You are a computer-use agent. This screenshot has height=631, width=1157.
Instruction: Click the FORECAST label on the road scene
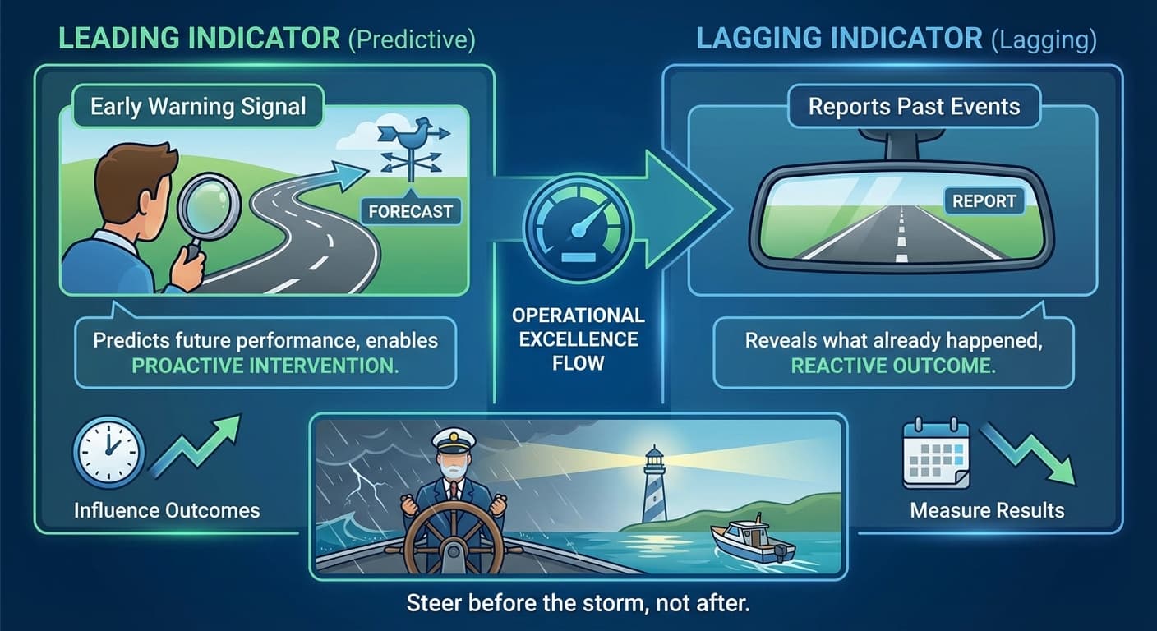pyautogui.click(x=411, y=211)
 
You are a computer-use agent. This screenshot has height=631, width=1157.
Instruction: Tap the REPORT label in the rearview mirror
pyautogui.click(x=984, y=200)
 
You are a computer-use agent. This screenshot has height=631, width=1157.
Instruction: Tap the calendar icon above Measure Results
pyautogui.click(x=936, y=454)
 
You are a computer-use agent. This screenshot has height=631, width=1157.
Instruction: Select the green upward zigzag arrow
pyautogui.click(x=196, y=448)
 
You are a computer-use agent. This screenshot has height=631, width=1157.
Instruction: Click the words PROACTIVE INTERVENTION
pyautogui.click(x=265, y=366)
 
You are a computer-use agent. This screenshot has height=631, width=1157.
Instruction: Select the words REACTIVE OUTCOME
pyautogui.click(x=893, y=366)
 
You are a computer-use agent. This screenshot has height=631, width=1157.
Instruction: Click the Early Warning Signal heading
pyautogui.click(x=198, y=108)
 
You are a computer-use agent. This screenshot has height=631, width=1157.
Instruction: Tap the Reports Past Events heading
pyautogui.click(x=914, y=107)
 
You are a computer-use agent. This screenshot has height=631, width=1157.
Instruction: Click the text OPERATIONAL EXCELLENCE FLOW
pyautogui.click(x=578, y=339)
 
